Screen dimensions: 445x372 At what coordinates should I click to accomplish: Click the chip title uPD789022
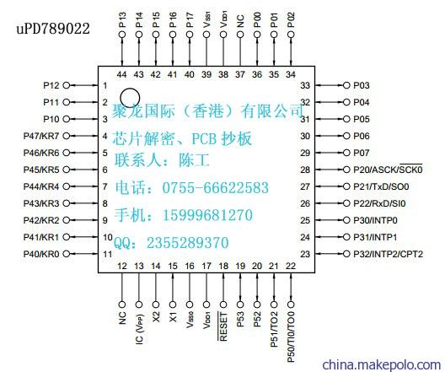point(53,29)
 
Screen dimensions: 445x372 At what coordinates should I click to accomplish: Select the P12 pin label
point(51,85)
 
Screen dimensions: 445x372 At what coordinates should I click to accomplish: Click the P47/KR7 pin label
point(41,136)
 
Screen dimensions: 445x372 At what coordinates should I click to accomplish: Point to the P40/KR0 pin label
point(41,254)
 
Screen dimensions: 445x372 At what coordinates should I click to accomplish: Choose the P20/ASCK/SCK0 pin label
point(388,170)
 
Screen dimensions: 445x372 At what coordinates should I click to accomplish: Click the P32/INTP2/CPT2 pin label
point(388,254)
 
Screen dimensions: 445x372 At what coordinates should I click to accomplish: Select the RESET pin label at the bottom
point(223,326)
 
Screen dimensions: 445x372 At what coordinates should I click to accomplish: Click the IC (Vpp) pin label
point(139,328)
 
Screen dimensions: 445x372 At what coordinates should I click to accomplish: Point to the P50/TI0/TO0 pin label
point(291,337)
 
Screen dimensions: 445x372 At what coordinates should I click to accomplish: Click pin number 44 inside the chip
point(121,74)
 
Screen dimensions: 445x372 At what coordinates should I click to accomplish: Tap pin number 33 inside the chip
point(305,85)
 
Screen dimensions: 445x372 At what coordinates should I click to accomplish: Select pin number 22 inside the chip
point(291,266)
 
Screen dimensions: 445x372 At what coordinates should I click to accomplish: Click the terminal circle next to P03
point(346,85)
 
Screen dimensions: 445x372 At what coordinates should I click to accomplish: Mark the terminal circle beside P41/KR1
point(66,237)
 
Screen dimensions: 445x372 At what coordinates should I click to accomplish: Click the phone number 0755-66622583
point(215,188)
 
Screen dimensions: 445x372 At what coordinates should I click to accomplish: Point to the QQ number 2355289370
point(188,243)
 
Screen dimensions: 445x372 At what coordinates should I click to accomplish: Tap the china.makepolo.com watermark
point(382,364)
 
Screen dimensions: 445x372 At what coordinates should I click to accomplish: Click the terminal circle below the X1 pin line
point(173,305)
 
